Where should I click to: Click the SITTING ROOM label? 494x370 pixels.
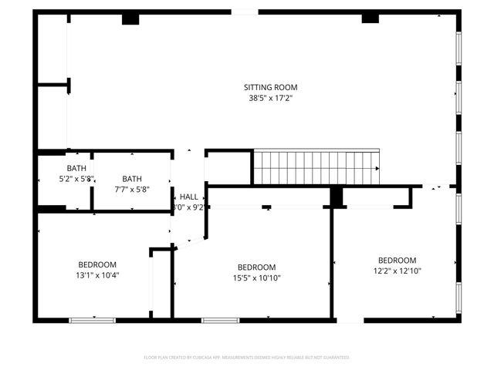270,87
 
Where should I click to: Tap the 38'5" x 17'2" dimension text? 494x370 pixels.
270,98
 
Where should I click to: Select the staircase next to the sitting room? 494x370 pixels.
317,167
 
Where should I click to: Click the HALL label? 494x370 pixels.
189,197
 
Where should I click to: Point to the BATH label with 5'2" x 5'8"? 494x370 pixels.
76,168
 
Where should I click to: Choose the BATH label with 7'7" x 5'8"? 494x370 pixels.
132,179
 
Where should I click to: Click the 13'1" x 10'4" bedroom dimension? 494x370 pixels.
97,274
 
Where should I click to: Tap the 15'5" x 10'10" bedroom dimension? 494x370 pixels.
256,278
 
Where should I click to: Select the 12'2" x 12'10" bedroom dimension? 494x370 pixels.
397,271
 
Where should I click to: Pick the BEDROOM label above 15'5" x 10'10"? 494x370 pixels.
256,267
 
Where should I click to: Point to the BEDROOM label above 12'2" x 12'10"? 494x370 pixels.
397,261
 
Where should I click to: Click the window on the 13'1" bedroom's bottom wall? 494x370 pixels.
93,320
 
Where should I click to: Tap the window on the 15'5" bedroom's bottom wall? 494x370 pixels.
220,320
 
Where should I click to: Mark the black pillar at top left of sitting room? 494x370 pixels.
130,18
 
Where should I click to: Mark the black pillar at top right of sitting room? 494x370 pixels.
370,17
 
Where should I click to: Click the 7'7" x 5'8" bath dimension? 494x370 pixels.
132,189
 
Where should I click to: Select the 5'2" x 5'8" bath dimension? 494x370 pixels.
76,179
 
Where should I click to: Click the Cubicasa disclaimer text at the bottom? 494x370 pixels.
247,358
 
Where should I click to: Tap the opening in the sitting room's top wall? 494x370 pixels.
245,12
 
